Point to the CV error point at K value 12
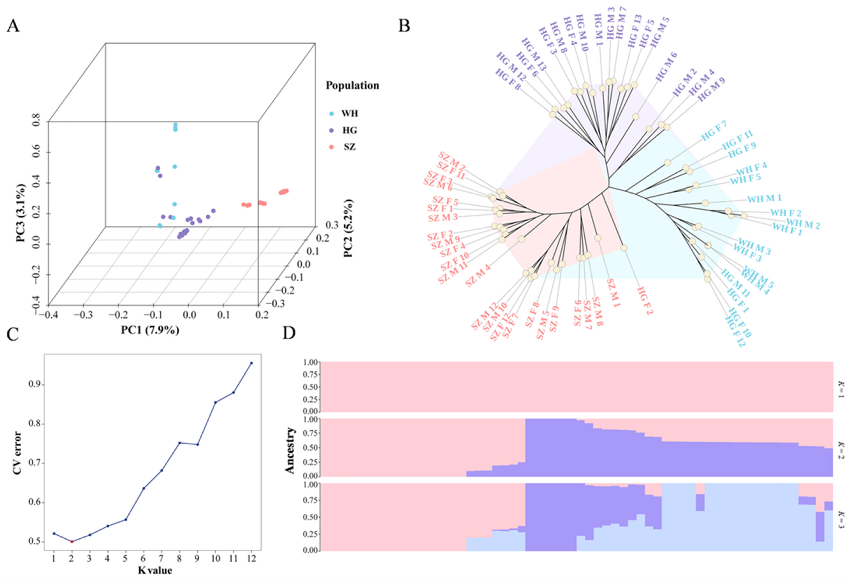click(251, 363)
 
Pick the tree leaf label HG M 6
click(666, 66)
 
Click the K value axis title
click(155, 570)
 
